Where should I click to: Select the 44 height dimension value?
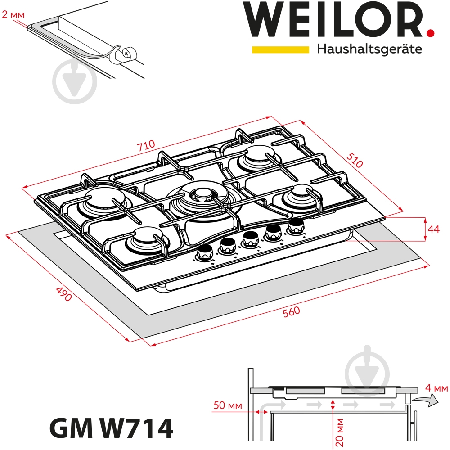pyautogui.click(x=433, y=229)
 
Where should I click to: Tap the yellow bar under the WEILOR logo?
pyautogui.click(x=280, y=49)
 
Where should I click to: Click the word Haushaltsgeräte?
pyautogui.click(x=369, y=49)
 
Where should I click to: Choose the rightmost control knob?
pyautogui.click(x=296, y=226)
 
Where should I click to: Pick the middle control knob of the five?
pyautogui.click(x=249, y=239)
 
